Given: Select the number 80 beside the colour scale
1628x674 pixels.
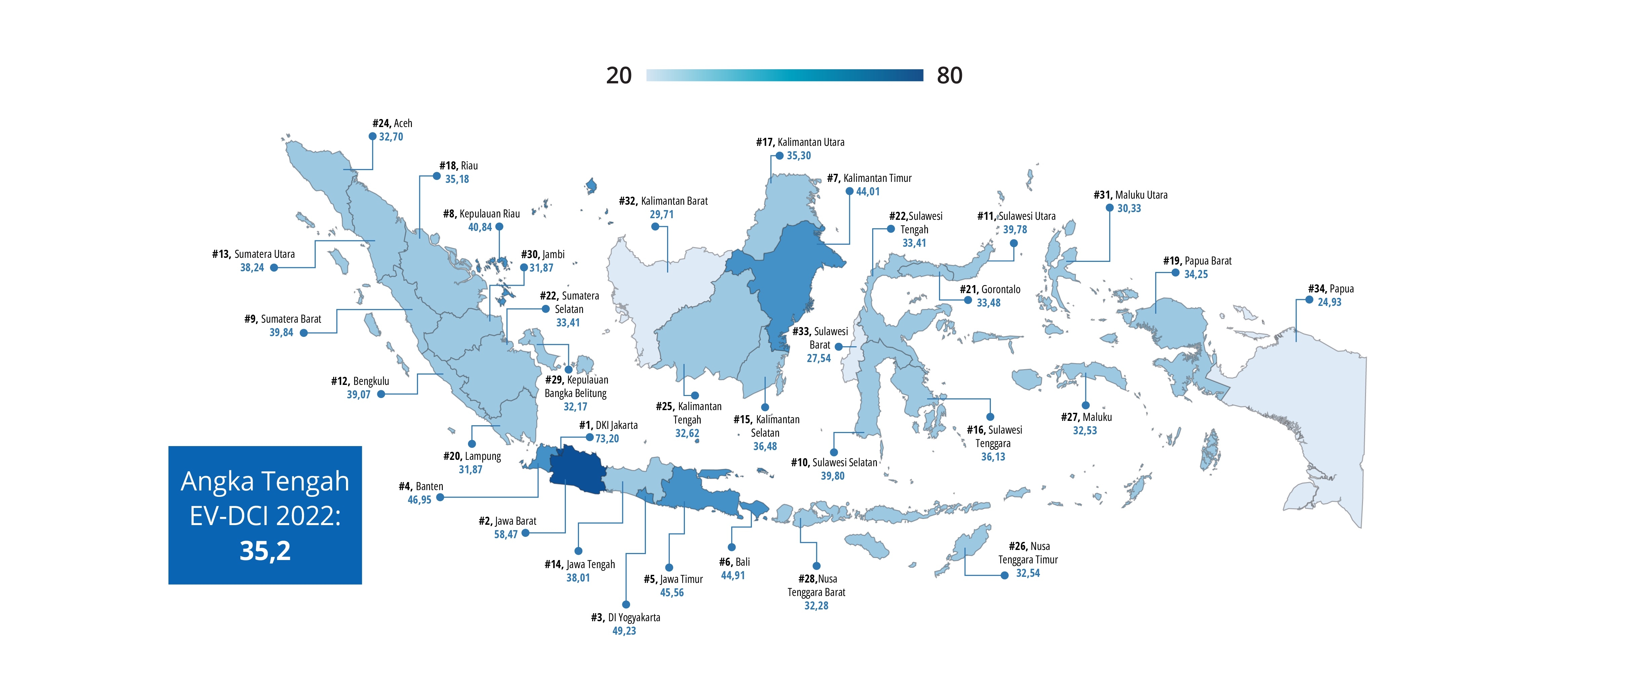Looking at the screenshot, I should point(949,76).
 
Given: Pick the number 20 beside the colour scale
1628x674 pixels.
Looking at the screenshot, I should point(619,76).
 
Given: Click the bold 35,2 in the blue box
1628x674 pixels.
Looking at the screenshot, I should point(265,551).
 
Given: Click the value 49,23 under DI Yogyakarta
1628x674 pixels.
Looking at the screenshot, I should point(624,630).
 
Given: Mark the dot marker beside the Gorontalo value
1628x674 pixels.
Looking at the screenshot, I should point(968,300).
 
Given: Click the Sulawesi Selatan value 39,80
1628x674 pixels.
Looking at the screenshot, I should point(832,476).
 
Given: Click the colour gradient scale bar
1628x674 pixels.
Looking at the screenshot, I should point(784,76).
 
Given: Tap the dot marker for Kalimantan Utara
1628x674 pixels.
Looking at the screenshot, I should point(779,155).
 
